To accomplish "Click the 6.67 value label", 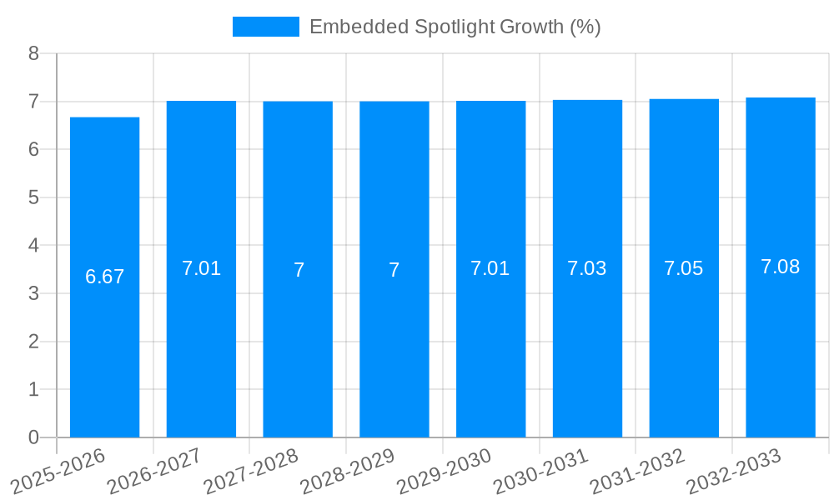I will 104,277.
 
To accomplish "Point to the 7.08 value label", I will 781,267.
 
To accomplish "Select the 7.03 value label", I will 587,268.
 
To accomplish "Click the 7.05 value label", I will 684,268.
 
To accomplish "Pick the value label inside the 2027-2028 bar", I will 299,270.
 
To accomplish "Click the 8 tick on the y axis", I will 33,53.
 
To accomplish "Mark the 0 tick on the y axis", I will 33,437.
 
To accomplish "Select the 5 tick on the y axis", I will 33,197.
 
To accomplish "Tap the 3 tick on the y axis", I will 33,293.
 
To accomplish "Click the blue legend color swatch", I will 265,27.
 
